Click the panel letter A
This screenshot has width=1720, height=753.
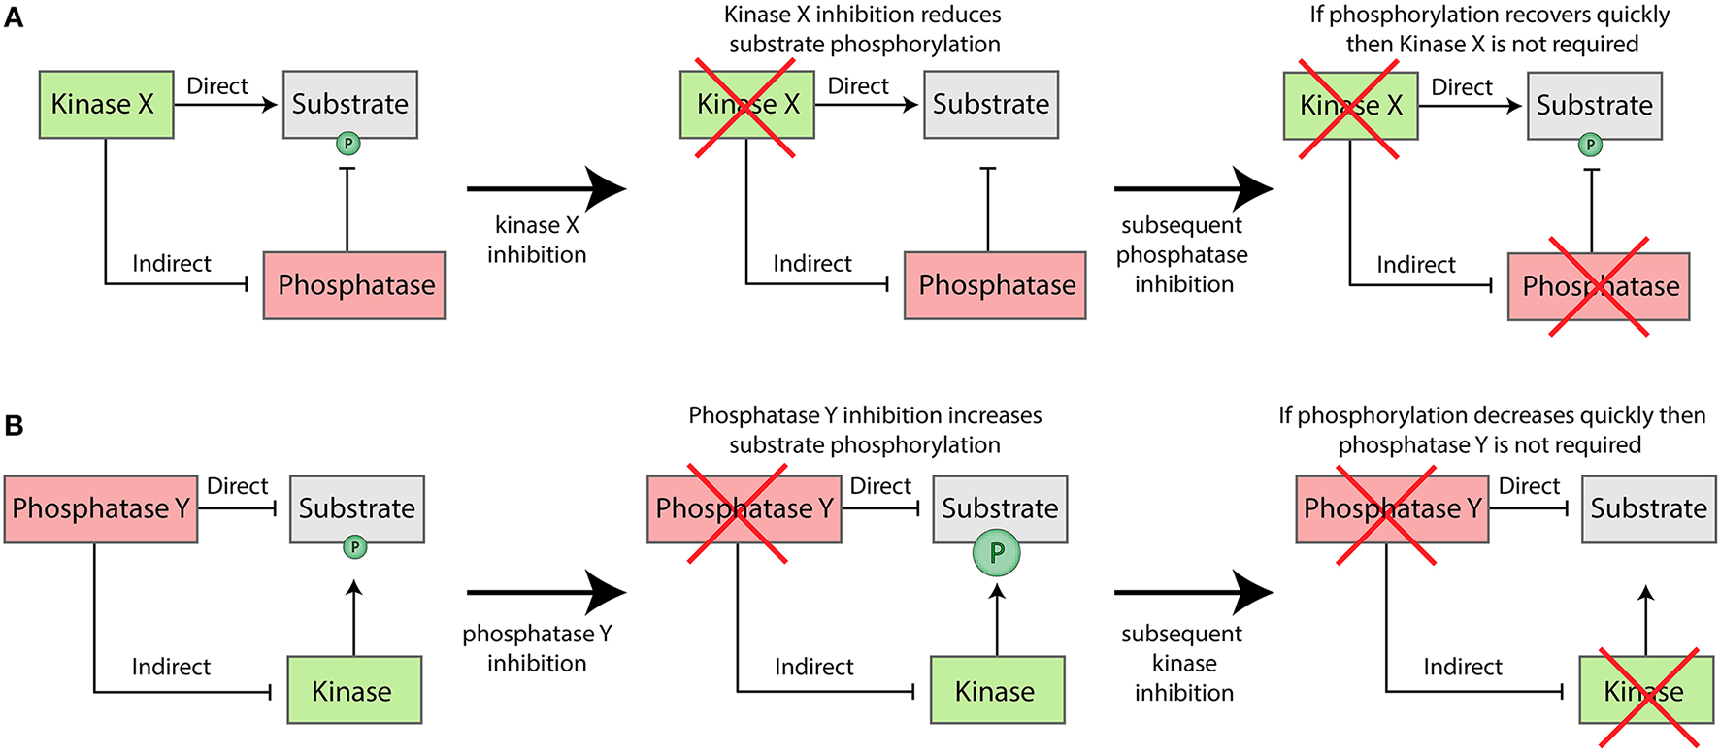coord(14,17)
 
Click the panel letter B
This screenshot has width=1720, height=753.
coord(14,425)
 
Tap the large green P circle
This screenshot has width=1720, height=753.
coord(996,553)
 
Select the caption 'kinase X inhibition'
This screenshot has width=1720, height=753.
coord(537,240)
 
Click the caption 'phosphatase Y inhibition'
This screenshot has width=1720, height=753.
coord(537,648)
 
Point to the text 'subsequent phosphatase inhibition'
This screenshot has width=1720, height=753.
coord(1182,254)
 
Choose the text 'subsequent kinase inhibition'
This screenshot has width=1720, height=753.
coord(1182,663)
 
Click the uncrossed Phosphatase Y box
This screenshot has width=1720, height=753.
coord(100,508)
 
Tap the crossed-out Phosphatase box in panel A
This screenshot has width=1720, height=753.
coord(1598,286)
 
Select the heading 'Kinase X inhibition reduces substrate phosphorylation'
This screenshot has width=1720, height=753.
coord(863,30)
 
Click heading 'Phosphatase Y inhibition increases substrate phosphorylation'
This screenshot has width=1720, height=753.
coord(865,430)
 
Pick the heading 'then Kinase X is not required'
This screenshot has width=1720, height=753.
coord(1491,45)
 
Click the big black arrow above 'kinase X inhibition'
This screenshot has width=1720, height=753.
coord(546,188)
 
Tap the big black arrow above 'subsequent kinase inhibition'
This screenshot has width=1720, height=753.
coord(1193,591)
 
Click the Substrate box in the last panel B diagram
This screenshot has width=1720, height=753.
coord(1648,508)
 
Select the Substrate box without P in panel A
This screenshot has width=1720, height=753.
coord(990,105)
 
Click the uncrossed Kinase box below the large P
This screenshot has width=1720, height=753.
coord(997,690)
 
